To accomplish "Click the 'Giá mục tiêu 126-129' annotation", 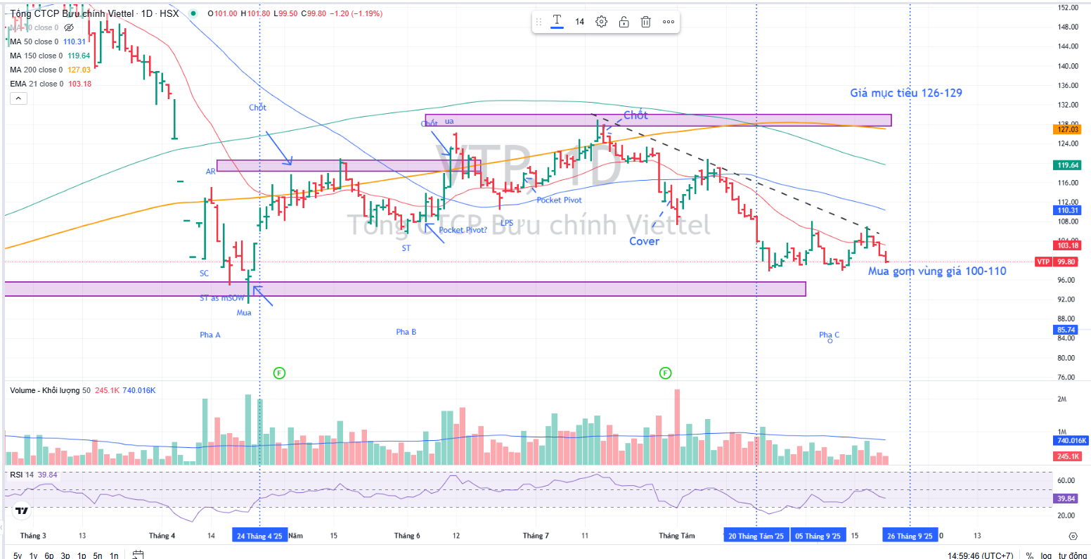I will (x=905, y=93).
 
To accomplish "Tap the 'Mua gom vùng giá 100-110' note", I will (x=936, y=271).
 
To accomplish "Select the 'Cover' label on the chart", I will (x=644, y=241).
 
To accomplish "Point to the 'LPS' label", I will (x=507, y=223).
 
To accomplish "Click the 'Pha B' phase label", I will (x=406, y=332).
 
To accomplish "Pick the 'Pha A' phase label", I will (x=209, y=335).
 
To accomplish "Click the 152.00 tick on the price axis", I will (x=1068, y=8).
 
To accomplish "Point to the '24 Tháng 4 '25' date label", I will (x=259, y=536).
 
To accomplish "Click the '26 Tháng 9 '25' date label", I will (x=910, y=536).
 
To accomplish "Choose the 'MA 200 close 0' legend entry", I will (x=36, y=70).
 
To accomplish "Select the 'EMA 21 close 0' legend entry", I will (x=37, y=84).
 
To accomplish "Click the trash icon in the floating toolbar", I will (x=645, y=22).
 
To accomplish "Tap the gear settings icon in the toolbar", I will (x=601, y=22).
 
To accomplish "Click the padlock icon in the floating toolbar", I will (x=624, y=22).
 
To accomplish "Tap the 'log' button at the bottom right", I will (x=1046, y=555).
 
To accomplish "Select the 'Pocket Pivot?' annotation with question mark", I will (x=463, y=230).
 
